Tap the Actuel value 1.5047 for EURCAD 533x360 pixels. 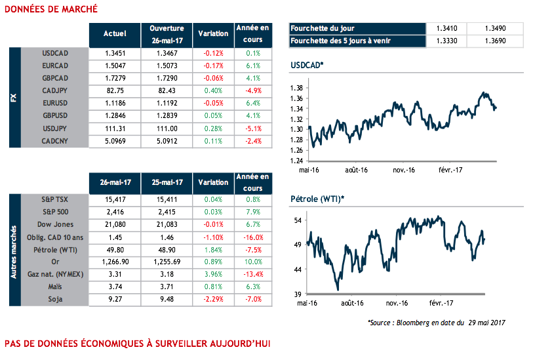114,66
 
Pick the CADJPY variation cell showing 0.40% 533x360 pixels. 214,90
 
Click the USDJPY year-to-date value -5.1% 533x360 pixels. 253,129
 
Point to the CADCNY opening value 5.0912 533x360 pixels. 167,141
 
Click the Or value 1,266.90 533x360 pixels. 114,261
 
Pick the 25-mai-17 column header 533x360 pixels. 167,182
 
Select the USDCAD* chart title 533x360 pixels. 307,66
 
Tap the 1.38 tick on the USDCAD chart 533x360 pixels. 296,88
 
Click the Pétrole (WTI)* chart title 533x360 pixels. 317,199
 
